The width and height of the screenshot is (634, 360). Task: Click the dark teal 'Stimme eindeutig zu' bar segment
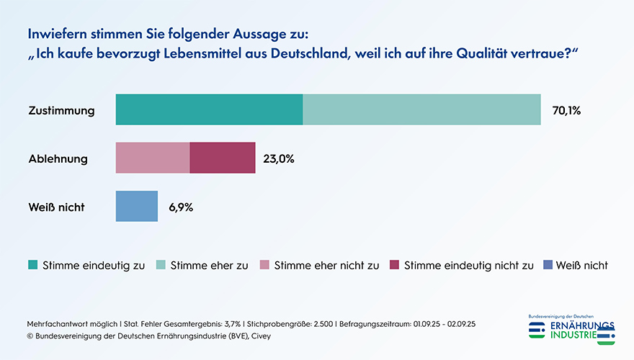(x=209, y=109)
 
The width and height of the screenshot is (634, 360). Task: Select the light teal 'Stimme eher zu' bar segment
(x=421, y=109)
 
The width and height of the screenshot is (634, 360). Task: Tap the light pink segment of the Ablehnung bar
(x=153, y=158)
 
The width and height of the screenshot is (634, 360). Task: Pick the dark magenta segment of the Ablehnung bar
(x=223, y=158)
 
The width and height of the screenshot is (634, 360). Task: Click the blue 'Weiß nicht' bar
(x=137, y=206)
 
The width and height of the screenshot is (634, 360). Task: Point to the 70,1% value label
(x=566, y=111)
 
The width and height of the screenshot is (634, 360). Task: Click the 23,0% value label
(x=278, y=159)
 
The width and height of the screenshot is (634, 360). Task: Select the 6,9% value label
(x=181, y=207)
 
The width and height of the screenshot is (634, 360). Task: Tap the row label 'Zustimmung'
(x=61, y=111)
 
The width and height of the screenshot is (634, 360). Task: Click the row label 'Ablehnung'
(x=58, y=159)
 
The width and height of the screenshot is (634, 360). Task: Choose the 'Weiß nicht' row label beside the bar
(x=56, y=207)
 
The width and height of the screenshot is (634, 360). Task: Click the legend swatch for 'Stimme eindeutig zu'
(x=33, y=265)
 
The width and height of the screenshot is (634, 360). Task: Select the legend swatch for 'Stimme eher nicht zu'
(x=264, y=265)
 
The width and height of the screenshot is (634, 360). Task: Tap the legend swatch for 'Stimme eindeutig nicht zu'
(x=394, y=265)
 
